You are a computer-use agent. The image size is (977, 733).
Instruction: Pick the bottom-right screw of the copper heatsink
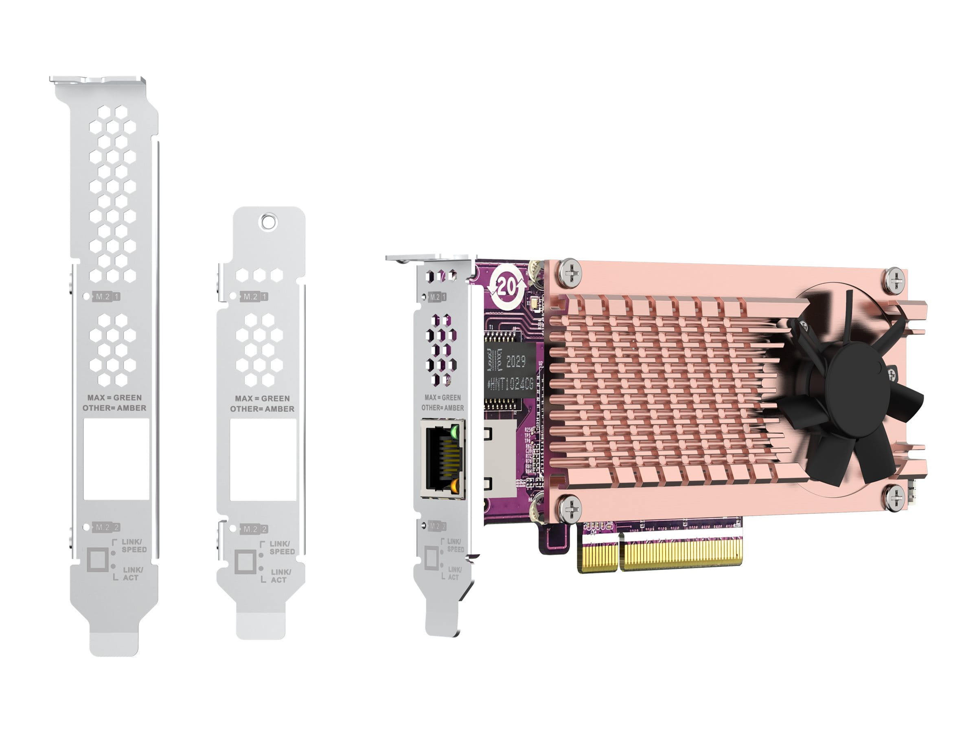pyautogui.click(x=895, y=497)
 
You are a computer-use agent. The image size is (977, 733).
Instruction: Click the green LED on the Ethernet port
pyautogui.click(x=455, y=431)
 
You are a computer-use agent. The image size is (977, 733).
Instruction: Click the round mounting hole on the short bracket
pyautogui.click(x=269, y=221)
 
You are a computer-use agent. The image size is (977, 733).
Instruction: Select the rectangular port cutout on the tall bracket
pyautogui.click(x=116, y=459)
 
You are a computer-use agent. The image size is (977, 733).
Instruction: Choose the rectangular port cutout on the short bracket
pyautogui.click(x=263, y=460)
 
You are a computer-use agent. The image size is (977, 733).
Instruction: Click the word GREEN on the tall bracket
pyautogui.click(x=128, y=397)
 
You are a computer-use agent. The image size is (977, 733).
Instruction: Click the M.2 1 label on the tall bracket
pyautogui.click(x=107, y=296)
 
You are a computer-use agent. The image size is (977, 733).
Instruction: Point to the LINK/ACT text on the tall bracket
pyautogui.click(x=132, y=573)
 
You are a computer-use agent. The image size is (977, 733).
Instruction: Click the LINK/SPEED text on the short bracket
pyautogui.click(x=281, y=548)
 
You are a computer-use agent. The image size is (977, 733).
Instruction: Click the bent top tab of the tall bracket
pyautogui.click(x=97, y=80)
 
